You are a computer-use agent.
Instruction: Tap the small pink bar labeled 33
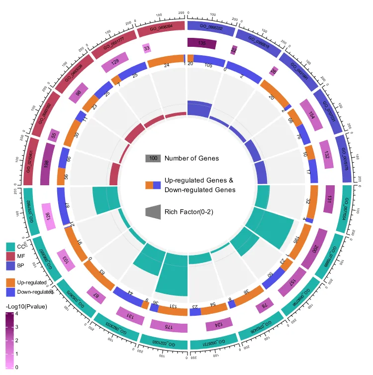[146, 48]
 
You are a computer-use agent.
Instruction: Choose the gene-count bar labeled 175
[169, 326]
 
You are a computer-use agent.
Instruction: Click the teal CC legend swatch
[10, 247]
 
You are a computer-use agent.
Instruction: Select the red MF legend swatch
[10, 256]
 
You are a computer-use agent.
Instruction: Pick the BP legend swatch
[10, 265]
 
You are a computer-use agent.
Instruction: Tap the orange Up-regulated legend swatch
[10, 282]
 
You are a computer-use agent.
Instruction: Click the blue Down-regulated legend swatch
[10, 291]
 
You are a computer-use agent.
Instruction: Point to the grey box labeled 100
[153, 158]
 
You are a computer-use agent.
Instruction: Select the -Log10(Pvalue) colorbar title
[26, 306]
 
